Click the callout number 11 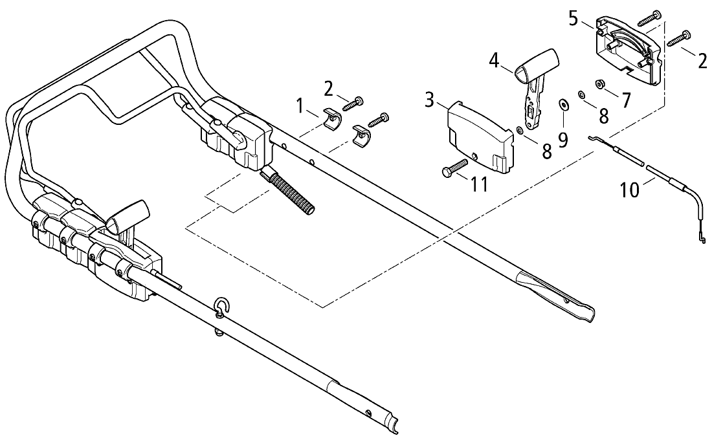click(x=479, y=184)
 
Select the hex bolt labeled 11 click(x=454, y=167)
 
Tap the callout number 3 click(x=430, y=100)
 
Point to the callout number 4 click(x=494, y=60)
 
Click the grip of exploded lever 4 click(x=537, y=64)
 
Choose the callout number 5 click(x=573, y=19)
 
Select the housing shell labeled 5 click(x=626, y=50)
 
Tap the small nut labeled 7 click(x=600, y=84)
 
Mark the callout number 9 click(x=563, y=140)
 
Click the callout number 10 click(x=629, y=190)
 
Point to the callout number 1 click(x=300, y=107)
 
